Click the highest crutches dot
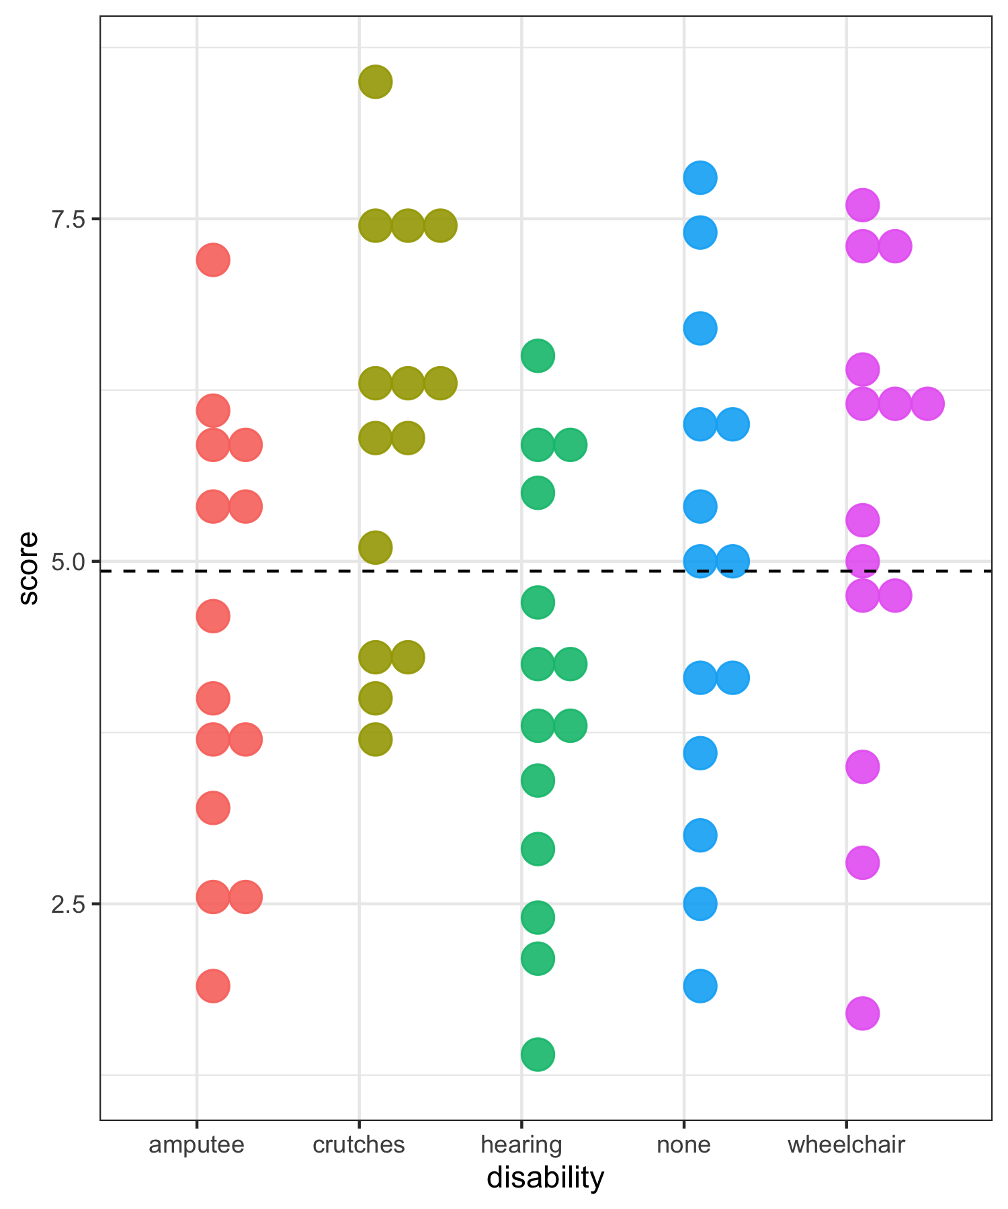[x=376, y=82]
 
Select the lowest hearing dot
[x=538, y=1054]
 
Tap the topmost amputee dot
[x=213, y=260]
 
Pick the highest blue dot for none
[x=700, y=178]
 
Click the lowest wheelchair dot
[x=862, y=1013]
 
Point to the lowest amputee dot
[x=213, y=985]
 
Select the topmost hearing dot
[x=538, y=355]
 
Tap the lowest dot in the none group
[x=700, y=985]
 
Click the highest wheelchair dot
[x=862, y=205]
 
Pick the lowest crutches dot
[x=376, y=740]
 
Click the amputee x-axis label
[x=196, y=1144]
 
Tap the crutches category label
[x=359, y=1144]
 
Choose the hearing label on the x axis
[x=521, y=1144]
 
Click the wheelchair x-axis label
[x=846, y=1144]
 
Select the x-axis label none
[x=683, y=1144]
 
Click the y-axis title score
[x=28, y=568]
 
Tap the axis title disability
[x=546, y=1178]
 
